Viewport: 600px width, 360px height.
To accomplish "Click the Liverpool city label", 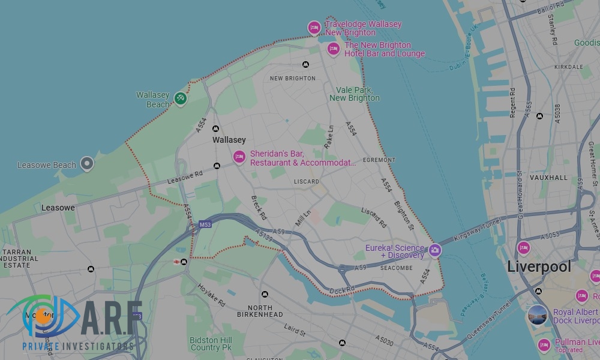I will coord(539,266).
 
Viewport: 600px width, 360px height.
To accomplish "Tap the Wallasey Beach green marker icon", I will coord(181,98).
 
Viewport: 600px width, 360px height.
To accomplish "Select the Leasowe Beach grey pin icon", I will coord(87,163).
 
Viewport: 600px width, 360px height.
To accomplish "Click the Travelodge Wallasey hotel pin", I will coord(314,27).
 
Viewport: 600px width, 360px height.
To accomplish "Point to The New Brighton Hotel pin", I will coord(334,49).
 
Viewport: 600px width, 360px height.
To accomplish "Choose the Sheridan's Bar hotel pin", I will coord(239,157).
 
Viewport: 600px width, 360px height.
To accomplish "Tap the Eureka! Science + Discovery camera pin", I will coord(434,250).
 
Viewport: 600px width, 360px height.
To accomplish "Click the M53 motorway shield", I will coord(205,224).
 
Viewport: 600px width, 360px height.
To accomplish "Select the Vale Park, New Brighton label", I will coord(354,94).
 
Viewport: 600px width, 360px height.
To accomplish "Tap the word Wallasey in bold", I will coord(229,140).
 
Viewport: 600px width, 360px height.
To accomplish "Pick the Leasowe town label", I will coord(58,208).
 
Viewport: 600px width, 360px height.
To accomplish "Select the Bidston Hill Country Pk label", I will coord(211,344).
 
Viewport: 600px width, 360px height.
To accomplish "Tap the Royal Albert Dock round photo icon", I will coord(538,315).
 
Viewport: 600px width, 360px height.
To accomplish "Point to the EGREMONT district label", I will coord(379,160).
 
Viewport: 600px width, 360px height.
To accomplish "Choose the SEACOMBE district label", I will coord(397,268).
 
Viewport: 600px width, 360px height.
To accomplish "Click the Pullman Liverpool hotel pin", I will coord(544,344).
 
